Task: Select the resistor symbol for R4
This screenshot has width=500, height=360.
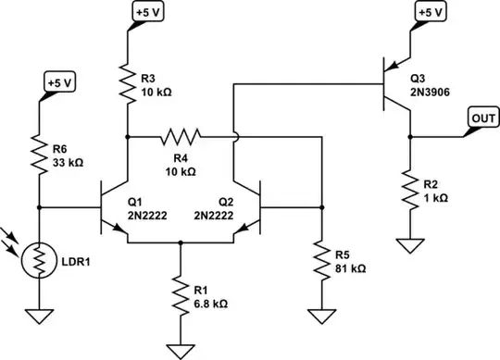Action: tap(181, 138)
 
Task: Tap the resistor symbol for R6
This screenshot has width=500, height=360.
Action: tap(39, 158)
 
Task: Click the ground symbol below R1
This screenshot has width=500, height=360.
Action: tap(181, 350)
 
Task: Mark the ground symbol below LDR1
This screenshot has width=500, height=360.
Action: tap(39, 315)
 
